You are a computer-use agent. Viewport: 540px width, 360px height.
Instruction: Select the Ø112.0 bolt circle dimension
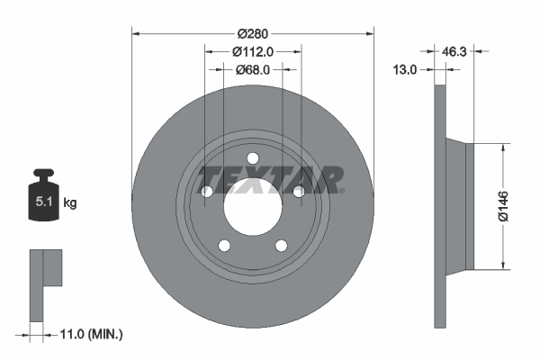[253, 51]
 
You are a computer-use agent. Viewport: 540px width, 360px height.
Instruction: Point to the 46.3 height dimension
[452, 51]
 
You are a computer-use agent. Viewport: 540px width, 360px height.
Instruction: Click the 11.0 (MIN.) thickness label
[90, 334]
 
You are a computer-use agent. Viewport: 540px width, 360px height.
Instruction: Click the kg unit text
[70, 203]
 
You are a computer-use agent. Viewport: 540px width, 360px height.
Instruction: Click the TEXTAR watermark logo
[270, 179]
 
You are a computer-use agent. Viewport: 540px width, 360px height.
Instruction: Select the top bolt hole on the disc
[253, 159]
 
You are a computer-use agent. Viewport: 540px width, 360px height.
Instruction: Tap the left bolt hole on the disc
[207, 191]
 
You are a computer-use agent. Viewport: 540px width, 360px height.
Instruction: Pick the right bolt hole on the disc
[299, 190]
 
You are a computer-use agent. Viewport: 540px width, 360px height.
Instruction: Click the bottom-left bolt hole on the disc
[225, 245]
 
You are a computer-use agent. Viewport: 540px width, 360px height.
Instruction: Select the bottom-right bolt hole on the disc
[281, 245]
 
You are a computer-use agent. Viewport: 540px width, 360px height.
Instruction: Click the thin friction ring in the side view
[439, 205]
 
